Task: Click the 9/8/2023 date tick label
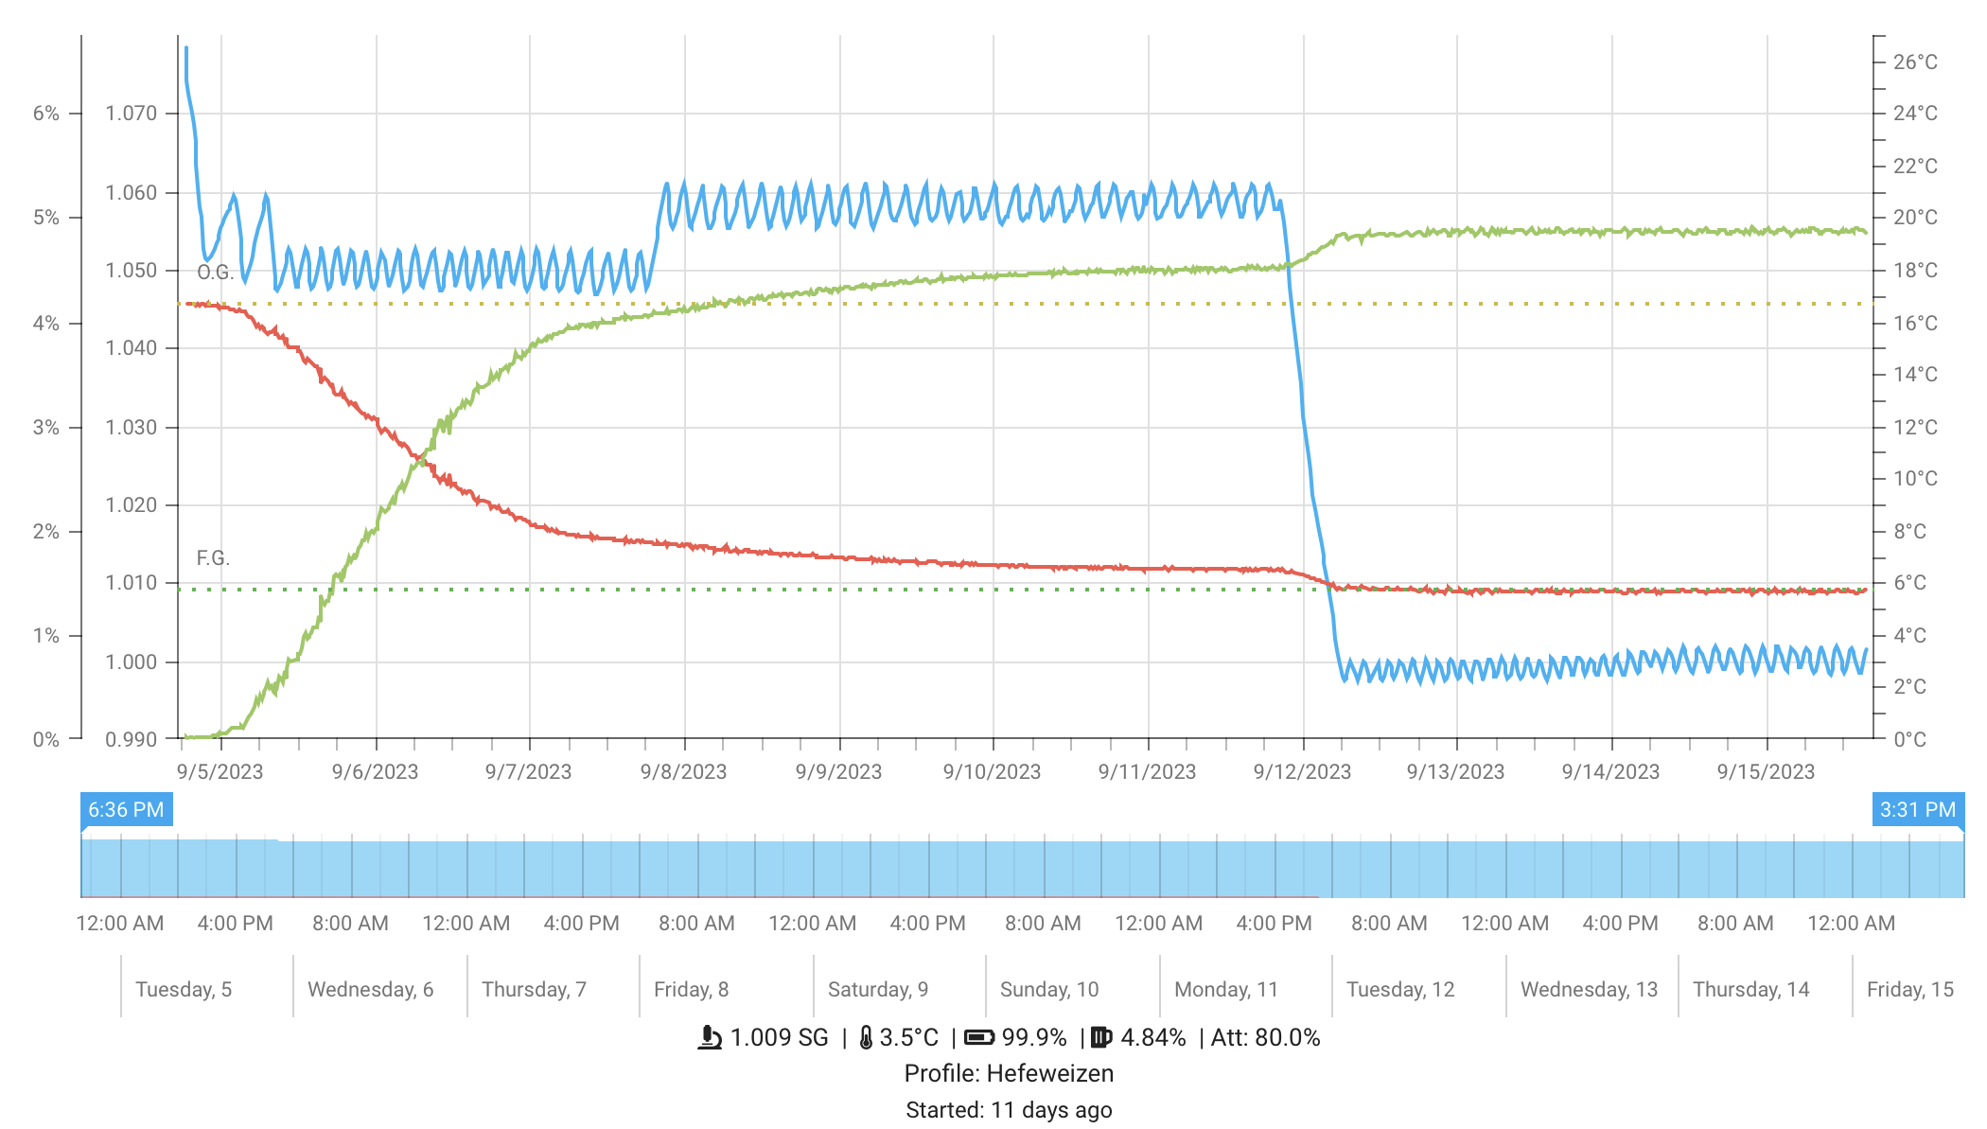683,772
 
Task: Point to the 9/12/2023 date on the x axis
1302,772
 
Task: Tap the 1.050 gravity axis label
131,271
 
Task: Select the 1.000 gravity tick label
131,662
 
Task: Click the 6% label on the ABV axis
46,114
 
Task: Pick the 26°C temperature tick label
1915,62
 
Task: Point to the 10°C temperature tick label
1915,479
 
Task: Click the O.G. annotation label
215,273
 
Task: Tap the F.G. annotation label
213,558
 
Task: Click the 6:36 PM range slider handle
126,810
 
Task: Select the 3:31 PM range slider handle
1917,810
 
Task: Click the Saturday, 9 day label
877,990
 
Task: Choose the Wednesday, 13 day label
1589,990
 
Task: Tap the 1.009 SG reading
779,1038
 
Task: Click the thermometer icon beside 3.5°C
866,1038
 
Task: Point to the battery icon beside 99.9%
979,1038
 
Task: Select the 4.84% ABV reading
1152,1038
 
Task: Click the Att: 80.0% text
1265,1038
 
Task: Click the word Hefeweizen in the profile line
1049,1074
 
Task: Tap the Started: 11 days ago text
1009,1110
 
